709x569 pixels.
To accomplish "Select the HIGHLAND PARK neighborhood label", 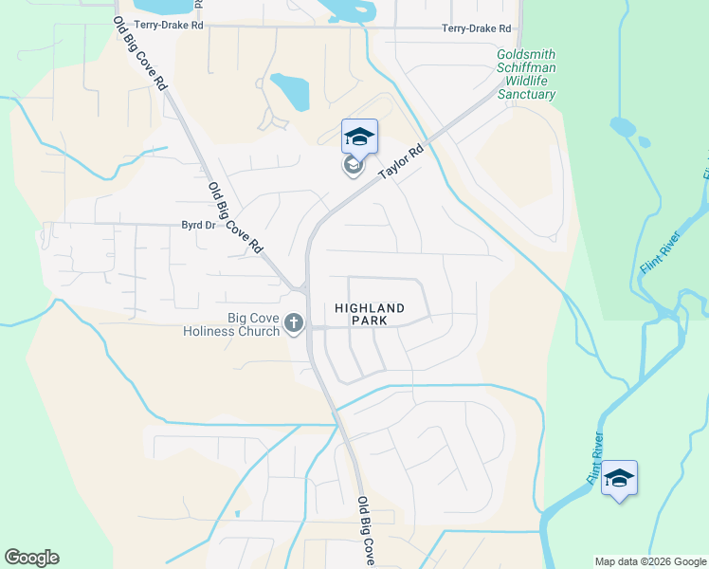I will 370,315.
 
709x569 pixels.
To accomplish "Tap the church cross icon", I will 294,324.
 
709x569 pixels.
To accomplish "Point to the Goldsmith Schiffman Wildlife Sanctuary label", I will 526,74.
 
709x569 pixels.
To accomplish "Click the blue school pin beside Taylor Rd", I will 359,137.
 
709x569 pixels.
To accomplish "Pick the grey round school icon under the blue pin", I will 353,166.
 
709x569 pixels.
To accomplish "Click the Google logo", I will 31,558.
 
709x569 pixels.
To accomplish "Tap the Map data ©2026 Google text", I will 650,561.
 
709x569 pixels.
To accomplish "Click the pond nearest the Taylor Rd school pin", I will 290,92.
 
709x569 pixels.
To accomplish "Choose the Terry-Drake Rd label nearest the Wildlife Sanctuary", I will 476,29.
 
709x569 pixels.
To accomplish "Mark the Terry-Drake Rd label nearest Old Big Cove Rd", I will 170,24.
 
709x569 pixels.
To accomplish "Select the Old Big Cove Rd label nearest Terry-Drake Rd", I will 140,55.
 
